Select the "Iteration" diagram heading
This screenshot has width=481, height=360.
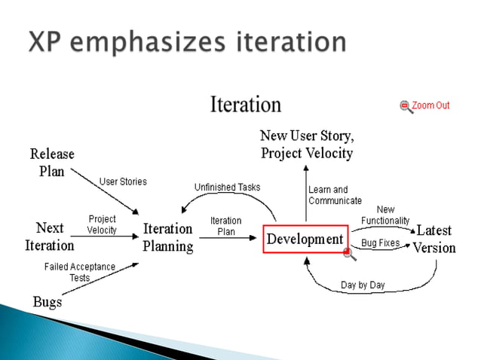pos(245,105)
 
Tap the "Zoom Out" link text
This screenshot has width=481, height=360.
pos(430,105)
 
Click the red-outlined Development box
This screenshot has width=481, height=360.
pos(305,239)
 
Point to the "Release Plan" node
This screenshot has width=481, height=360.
pos(52,162)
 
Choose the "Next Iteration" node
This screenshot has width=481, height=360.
pos(50,236)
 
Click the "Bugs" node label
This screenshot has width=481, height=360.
pos(47,302)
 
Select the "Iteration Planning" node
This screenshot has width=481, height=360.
pos(167,237)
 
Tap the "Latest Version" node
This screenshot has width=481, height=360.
pos(434,239)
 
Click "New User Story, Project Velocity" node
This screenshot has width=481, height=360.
pos(306,145)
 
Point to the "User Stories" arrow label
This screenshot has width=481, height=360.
pos(123,182)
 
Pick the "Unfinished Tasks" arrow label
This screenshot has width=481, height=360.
pos(227,187)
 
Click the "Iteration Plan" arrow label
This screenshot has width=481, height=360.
pos(226,226)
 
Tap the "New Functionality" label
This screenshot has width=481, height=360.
pos(385,215)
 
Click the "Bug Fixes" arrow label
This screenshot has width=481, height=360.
pos(380,243)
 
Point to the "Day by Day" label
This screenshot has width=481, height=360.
pos(363,285)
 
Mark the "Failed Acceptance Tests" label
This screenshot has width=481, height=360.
pos(80,272)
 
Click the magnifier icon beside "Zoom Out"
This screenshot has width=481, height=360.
pos(406,106)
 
